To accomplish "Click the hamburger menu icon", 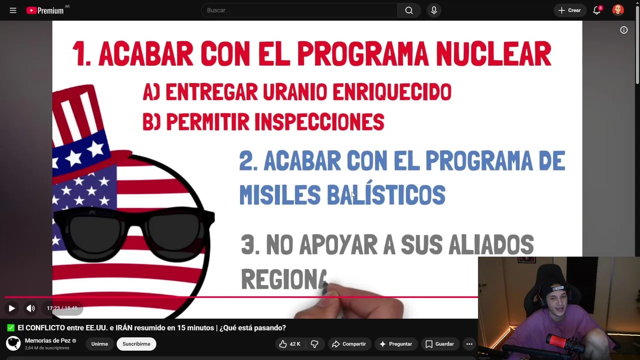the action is tap(13, 10).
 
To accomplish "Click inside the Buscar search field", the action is tap(299, 10).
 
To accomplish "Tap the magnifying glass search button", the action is tap(409, 10).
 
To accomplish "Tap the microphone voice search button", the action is tap(433, 10).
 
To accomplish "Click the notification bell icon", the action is tap(597, 10).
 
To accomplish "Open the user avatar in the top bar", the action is tap(617, 10).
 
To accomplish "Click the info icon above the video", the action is tap(623, 30).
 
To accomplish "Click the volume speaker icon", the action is tap(30, 308).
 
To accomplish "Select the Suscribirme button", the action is tap(136, 344).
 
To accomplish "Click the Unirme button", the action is tap(99, 344).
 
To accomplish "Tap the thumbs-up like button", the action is tap(289, 344).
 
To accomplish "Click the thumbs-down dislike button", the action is tap(315, 344).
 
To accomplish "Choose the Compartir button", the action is tap(349, 344).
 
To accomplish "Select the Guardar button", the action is tap(439, 344).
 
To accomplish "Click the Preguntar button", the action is tap(395, 344).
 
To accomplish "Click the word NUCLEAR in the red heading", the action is tap(493, 53).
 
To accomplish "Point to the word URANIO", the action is tap(295, 92).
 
